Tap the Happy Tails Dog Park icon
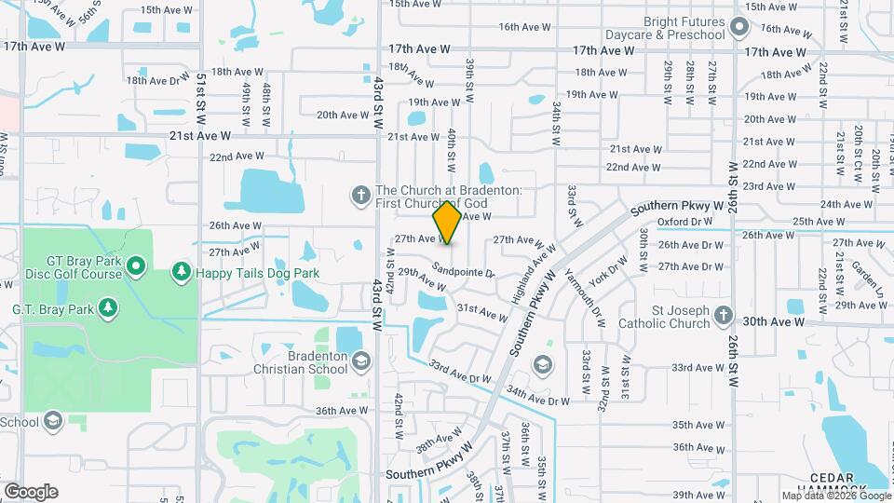coord(181,274)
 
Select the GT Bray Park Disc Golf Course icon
coord(135,268)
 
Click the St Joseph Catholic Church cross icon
coord(722,317)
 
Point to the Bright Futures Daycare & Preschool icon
coord(739,27)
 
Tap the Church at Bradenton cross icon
coord(361,196)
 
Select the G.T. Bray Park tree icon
coord(108,307)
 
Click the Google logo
coord(31,492)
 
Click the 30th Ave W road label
coord(773,321)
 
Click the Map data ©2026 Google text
coord(835,496)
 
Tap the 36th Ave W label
coord(342,411)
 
